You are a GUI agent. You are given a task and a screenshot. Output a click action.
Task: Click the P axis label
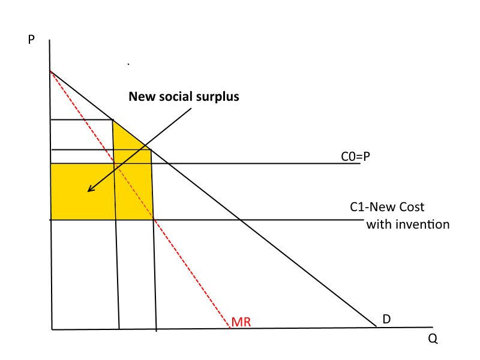pyautogui.click(x=31, y=40)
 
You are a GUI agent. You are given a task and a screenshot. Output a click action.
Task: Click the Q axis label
pyautogui.click(x=433, y=338)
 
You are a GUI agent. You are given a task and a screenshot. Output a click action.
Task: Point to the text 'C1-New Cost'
pyautogui.click(x=387, y=208)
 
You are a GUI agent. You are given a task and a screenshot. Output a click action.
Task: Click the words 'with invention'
pyautogui.click(x=407, y=224)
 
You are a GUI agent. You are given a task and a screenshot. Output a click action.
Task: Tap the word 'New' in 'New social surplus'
pyautogui.click(x=142, y=97)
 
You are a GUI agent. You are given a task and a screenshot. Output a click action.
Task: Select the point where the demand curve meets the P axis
pyautogui.click(x=50, y=71)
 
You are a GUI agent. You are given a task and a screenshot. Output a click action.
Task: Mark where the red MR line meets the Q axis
pyautogui.click(x=230, y=328)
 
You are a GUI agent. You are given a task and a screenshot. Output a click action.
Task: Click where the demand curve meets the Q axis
pyautogui.click(x=376, y=327)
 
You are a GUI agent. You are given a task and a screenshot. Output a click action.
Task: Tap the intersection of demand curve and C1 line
pyautogui.click(x=240, y=220)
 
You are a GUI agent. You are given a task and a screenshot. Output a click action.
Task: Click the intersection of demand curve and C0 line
pyautogui.click(x=167, y=163)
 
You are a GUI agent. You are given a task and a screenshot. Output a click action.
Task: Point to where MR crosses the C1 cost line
pyautogui.click(x=154, y=220)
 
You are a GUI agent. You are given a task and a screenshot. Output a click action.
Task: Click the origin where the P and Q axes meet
pyautogui.click(x=52, y=329)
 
